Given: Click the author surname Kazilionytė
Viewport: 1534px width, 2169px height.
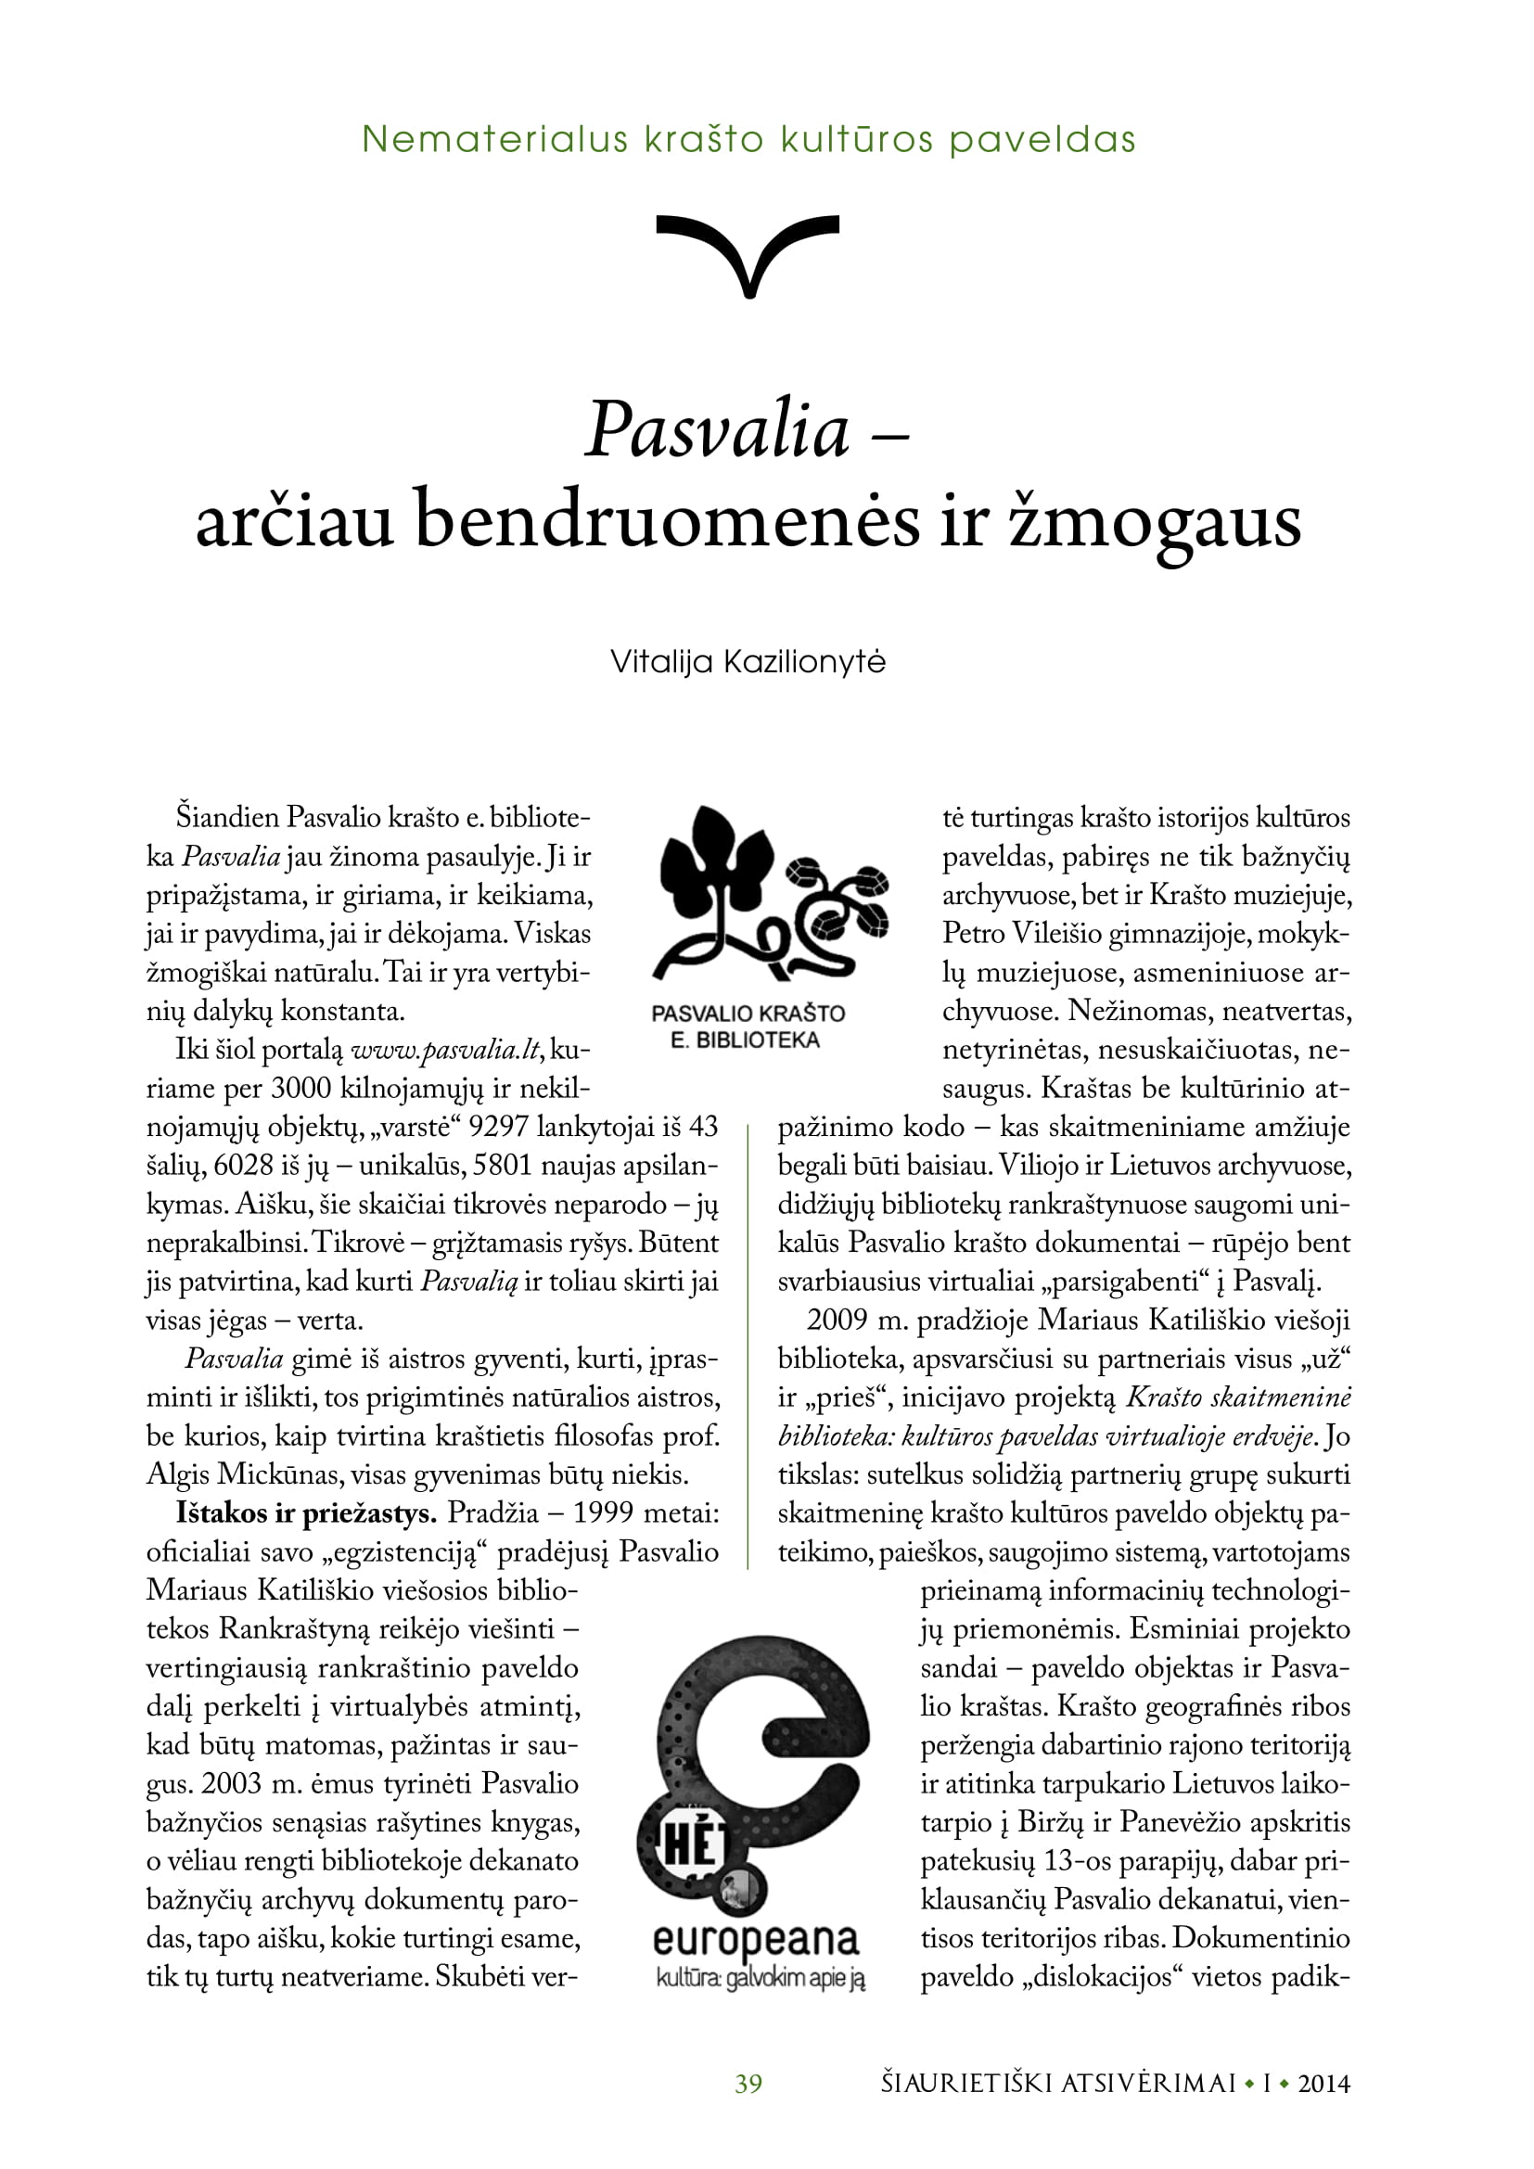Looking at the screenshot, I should pos(804,661).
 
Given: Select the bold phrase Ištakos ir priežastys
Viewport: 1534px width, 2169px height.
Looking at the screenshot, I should pos(305,1513).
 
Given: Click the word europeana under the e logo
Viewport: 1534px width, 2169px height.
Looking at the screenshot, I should pos(756,1940).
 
